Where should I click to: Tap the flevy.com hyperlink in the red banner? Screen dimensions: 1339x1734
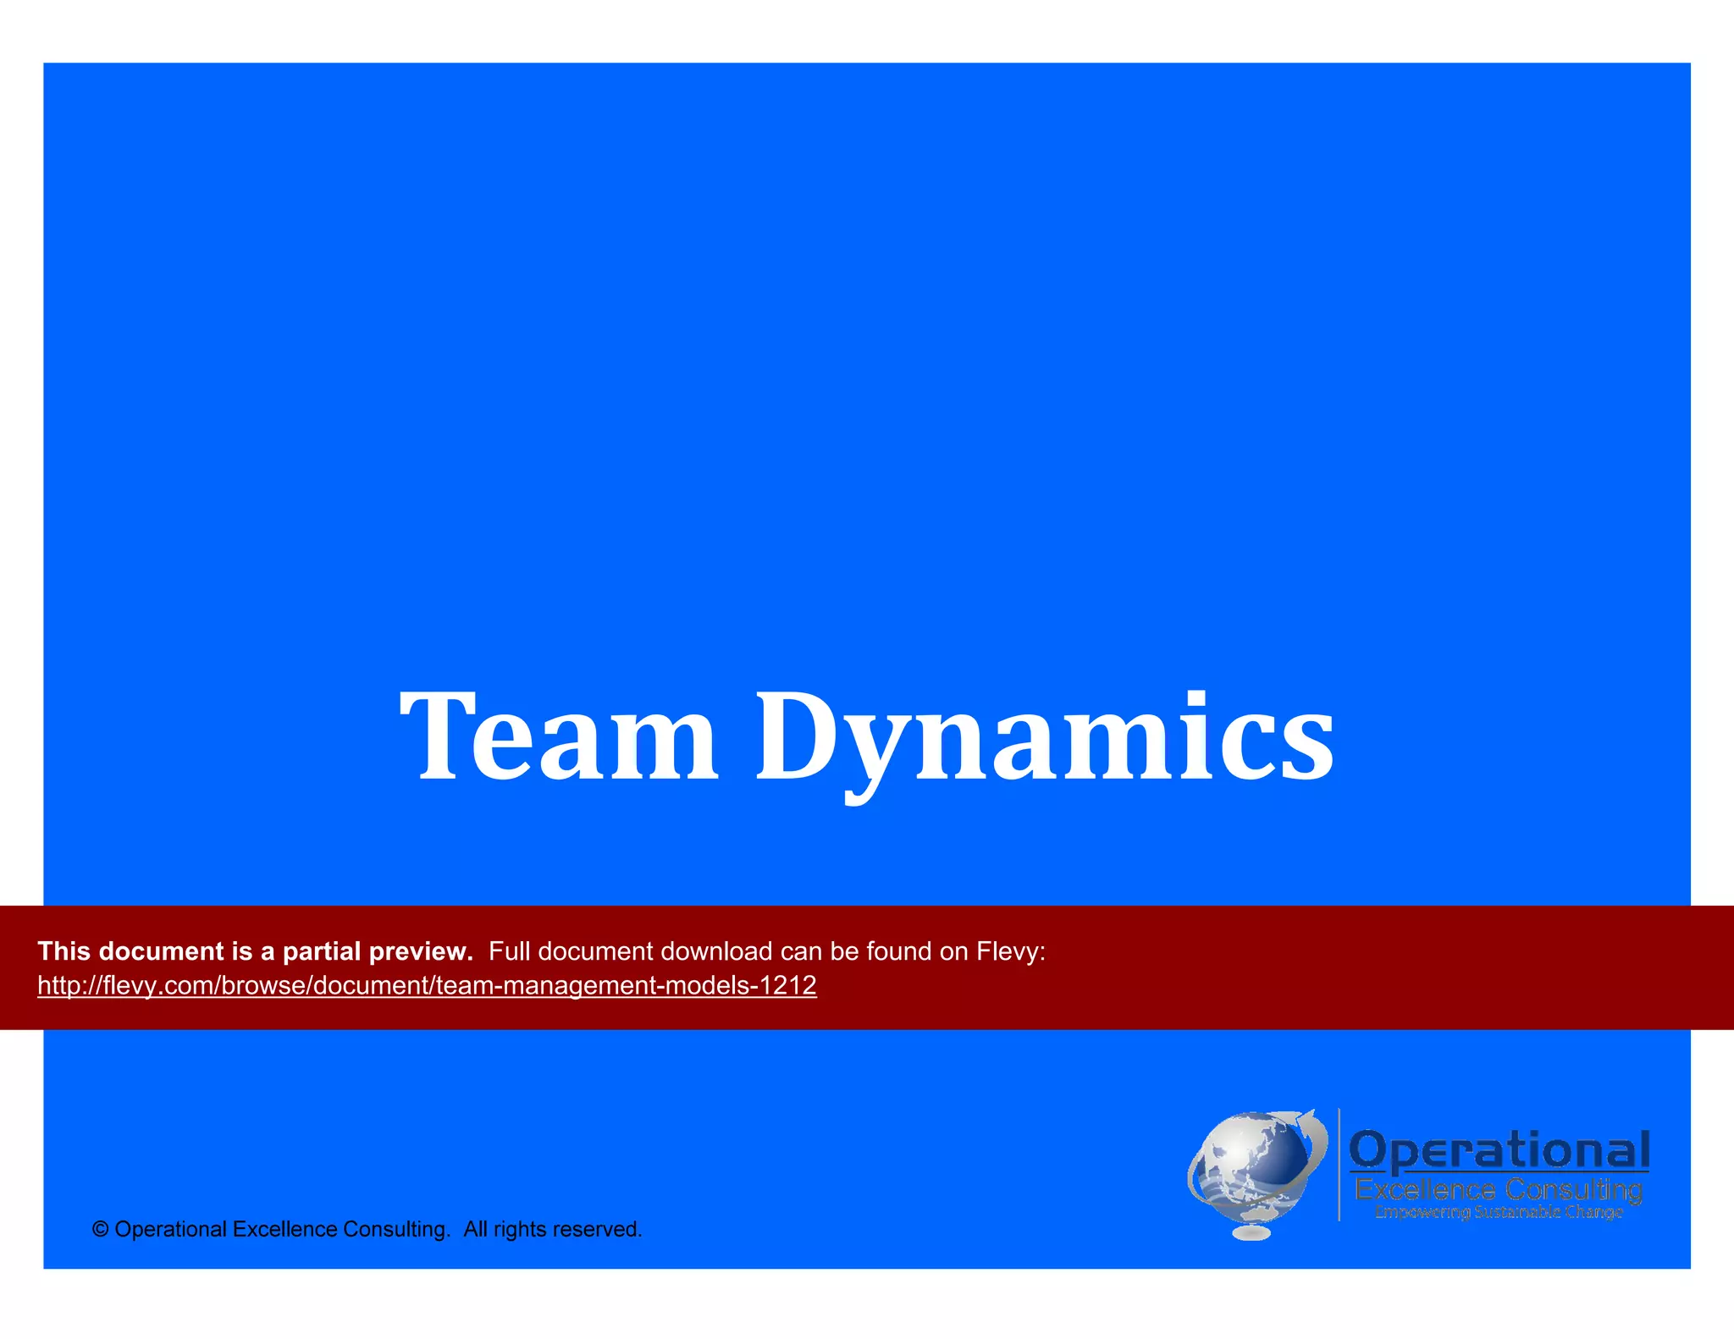[x=427, y=985]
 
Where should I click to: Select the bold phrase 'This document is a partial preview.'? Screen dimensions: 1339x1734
[x=255, y=951]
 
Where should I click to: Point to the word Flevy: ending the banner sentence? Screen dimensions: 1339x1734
[x=1011, y=951]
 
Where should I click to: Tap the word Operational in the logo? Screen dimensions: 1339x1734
[x=1499, y=1151]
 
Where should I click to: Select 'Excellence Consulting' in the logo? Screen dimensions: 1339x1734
[x=1499, y=1190]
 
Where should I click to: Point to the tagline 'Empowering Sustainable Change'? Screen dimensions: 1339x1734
[x=1499, y=1213]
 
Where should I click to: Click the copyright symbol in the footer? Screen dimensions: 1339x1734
[x=100, y=1230]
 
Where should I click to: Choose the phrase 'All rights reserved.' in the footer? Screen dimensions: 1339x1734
[x=552, y=1230]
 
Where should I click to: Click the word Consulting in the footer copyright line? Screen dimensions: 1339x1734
[x=396, y=1230]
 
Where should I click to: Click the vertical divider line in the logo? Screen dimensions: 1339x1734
[x=1339, y=1165]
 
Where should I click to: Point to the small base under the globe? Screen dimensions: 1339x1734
[x=1251, y=1232]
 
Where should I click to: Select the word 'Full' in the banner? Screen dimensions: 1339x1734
[x=510, y=951]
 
